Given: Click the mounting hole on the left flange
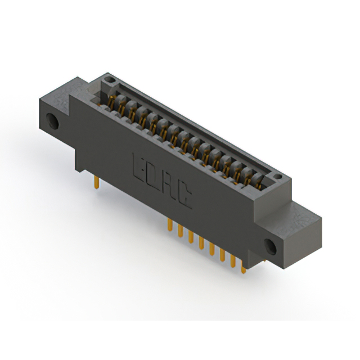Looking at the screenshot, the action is click(52, 121).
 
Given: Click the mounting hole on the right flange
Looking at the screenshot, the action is click(270, 247).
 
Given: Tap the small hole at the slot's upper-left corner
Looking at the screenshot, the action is click(110, 80).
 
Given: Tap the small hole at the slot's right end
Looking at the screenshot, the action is click(278, 176).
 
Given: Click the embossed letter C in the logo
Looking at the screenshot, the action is click(184, 197).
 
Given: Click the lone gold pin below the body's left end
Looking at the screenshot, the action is click(97, 182).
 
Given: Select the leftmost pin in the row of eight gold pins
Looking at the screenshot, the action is click(170, 224).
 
